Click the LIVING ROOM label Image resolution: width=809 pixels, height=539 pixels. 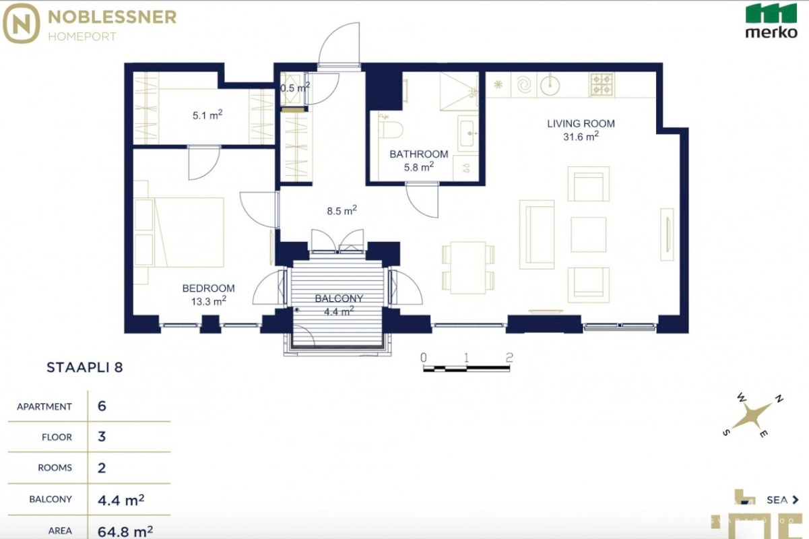point(581,123)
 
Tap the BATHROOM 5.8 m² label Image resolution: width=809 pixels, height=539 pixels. point(418,160)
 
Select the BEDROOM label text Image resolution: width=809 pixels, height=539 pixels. point(208,288)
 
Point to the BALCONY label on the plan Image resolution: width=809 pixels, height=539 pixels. point(339,298)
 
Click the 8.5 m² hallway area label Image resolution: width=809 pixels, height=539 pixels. point(342,210)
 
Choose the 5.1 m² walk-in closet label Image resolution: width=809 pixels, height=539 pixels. point(207,115)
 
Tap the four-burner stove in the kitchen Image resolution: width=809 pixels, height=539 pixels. point(602,84)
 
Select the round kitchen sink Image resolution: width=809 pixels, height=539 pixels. point(550,86)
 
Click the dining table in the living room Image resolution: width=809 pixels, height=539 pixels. point(467,267)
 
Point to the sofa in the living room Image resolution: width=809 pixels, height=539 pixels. point(537,235)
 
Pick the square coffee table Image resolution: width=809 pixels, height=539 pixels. point(588,234)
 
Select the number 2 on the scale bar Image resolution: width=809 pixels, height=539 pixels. point(509,357)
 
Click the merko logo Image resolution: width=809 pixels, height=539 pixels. point(771,21)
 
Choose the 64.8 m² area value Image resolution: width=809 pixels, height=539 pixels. point(125,532)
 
